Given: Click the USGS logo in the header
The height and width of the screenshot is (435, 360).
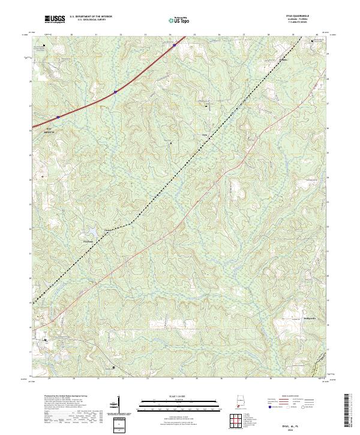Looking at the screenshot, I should click(x=54, y=20).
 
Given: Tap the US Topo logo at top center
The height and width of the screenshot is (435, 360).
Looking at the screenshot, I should click(x=180, y=20).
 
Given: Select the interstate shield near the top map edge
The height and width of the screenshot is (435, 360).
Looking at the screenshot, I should click(x=175, y=45).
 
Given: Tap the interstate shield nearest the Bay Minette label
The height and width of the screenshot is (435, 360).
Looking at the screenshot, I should click(x=58, y=116).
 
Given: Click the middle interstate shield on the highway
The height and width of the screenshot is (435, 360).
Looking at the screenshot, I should click(x=115, y=92).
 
